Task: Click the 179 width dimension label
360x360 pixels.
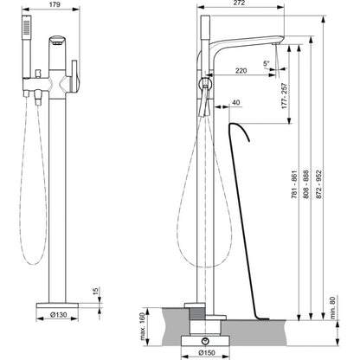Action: coord(55,4)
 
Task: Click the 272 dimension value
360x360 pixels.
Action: coord(239,3)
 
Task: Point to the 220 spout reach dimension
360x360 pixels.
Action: coord(241,70)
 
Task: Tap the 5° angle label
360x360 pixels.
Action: coord(266,63)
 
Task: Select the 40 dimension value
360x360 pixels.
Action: coord(235,102)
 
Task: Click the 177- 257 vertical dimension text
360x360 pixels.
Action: coord(285,96)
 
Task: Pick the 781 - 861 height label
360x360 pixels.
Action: coord(294,184)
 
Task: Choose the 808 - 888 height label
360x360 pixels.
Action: coord(305,184)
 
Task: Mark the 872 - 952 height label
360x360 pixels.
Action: coord(318,184)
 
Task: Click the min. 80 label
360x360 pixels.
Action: coord(333,307)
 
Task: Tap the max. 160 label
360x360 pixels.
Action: coord(143,326)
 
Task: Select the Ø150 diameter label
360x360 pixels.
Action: coord(207,352)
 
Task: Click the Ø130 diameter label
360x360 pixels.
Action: coord(58,315)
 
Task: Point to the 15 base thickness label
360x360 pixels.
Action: coord(95,291)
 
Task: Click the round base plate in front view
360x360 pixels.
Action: coord(57,305)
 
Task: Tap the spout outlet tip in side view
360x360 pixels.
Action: coord(275,44)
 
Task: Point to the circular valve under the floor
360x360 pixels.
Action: coord(205,341)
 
